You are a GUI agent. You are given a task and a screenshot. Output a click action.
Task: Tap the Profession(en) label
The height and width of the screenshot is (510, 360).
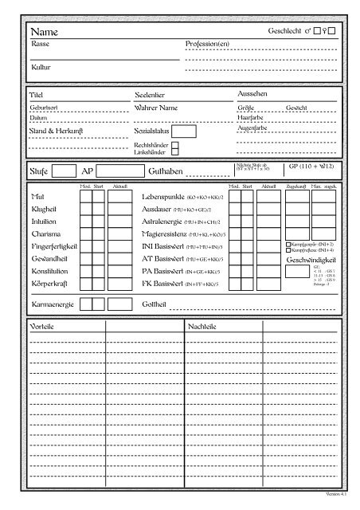[207, 44]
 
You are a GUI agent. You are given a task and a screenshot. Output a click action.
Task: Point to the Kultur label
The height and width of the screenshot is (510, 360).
[38, 68]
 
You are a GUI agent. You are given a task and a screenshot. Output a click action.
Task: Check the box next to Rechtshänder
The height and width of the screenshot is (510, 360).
[175, 144]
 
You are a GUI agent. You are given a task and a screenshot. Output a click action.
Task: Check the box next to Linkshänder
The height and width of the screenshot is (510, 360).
[175, 151]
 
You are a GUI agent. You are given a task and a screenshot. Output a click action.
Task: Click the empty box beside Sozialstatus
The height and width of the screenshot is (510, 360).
[184, 131]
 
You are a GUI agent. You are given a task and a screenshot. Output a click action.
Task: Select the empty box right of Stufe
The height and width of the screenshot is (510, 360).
[65, 171]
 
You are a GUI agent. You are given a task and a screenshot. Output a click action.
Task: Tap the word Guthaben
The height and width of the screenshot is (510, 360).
[165, 171]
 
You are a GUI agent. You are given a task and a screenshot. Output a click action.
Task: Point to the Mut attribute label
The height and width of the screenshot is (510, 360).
[36, 196]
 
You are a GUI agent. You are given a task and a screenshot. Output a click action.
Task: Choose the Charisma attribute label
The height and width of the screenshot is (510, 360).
[43, 234]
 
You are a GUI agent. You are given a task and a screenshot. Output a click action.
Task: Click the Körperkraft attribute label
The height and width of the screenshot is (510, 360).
[48, 284]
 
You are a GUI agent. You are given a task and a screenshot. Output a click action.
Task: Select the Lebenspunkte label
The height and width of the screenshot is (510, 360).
[162, 196]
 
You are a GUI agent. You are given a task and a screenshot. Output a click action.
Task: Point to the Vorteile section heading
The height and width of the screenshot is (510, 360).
[41, 328]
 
